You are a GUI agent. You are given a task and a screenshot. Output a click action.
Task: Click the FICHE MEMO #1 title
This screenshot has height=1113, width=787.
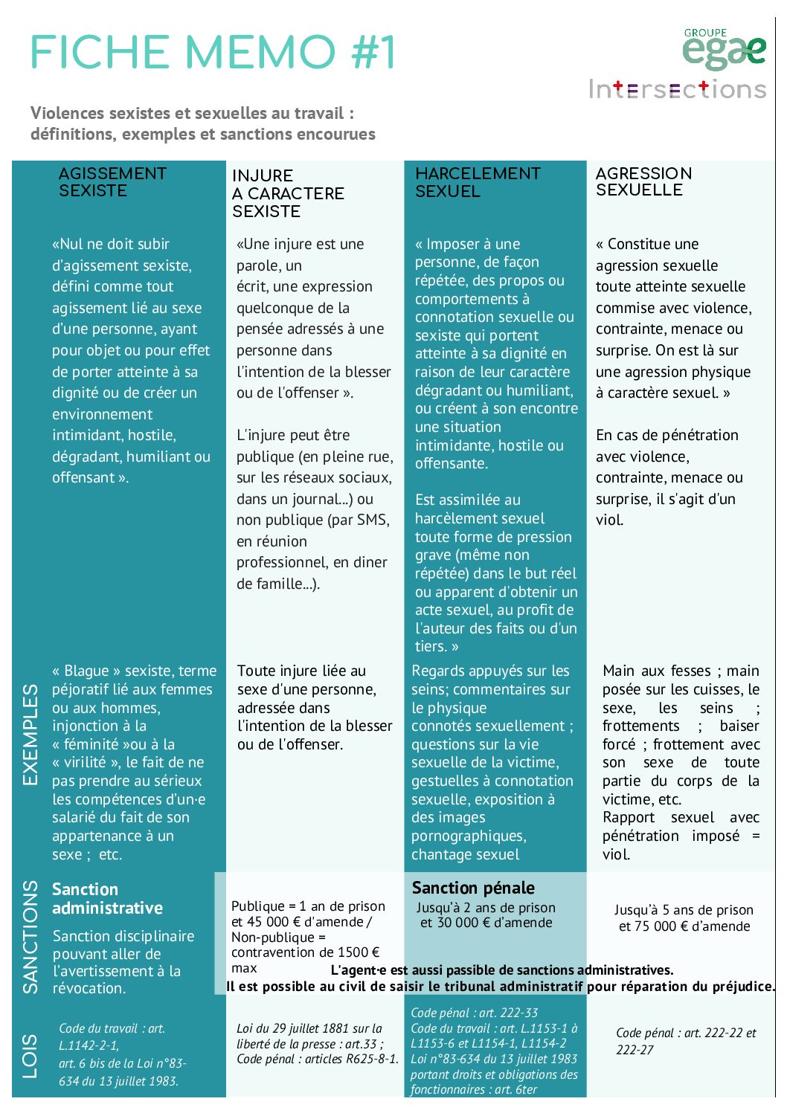coord(213,53)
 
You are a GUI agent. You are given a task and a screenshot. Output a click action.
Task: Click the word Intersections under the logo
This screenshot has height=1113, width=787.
coord(677,90)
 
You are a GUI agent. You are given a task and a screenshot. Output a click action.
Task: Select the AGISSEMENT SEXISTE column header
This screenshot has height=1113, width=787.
coord(112,182)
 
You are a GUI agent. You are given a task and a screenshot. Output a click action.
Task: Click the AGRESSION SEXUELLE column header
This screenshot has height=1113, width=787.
coord(643,181)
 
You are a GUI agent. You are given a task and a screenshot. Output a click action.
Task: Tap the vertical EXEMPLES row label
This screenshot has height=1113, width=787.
coord(30,735)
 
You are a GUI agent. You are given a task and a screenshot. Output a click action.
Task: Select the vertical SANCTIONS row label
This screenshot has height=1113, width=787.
coord(30,937)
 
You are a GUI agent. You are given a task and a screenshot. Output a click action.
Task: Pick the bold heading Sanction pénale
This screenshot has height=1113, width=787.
coord(473,888)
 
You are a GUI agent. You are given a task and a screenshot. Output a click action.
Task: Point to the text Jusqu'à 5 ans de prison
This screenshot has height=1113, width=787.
coord(684,910)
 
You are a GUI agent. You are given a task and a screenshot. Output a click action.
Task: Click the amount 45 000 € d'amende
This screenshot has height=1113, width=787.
coord(306,922)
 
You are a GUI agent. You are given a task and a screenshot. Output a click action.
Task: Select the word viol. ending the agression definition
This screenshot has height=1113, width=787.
coord(609,520)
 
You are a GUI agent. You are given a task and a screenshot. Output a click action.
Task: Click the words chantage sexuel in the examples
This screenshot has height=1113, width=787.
coord(466,854)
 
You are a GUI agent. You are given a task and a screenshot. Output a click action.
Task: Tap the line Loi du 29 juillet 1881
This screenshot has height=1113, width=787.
coord(309,1028)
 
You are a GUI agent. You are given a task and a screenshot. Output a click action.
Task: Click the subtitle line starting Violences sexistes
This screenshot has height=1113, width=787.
coord(192,114)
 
